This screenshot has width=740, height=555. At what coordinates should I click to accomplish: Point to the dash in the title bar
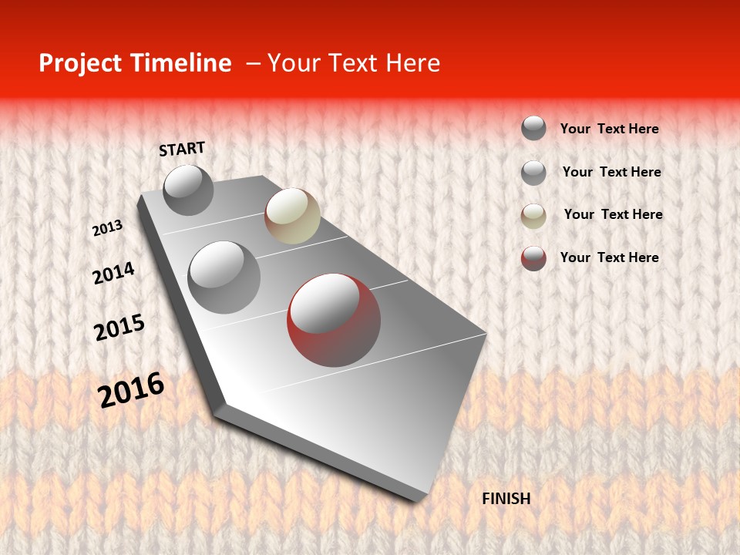click(253, 63)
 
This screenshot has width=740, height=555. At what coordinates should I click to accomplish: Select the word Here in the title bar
click(412, 63)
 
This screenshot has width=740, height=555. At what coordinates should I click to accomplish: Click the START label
click(182, 149)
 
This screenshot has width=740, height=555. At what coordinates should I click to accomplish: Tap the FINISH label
click(506, 499)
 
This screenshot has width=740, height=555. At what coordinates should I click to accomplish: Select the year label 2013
click(107, 228)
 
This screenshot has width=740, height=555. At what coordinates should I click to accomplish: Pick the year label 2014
click(113, 274)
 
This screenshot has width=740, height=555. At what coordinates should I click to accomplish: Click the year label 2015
click(119, 328)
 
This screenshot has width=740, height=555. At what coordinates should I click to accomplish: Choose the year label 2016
click(131, 389)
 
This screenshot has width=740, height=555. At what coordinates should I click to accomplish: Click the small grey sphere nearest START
click(188, 190)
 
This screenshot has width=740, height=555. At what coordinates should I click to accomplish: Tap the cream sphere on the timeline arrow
click(292, 216)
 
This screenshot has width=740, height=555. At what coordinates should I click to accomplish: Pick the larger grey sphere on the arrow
click(224, 277)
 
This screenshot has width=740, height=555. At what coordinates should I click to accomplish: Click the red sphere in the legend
click(533, 258)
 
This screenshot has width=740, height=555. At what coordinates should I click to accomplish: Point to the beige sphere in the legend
click(533, 216)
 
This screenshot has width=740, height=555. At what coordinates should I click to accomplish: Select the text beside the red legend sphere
click(609, 257)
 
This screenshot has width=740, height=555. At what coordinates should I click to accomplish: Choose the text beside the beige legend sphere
click(613, 214)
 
